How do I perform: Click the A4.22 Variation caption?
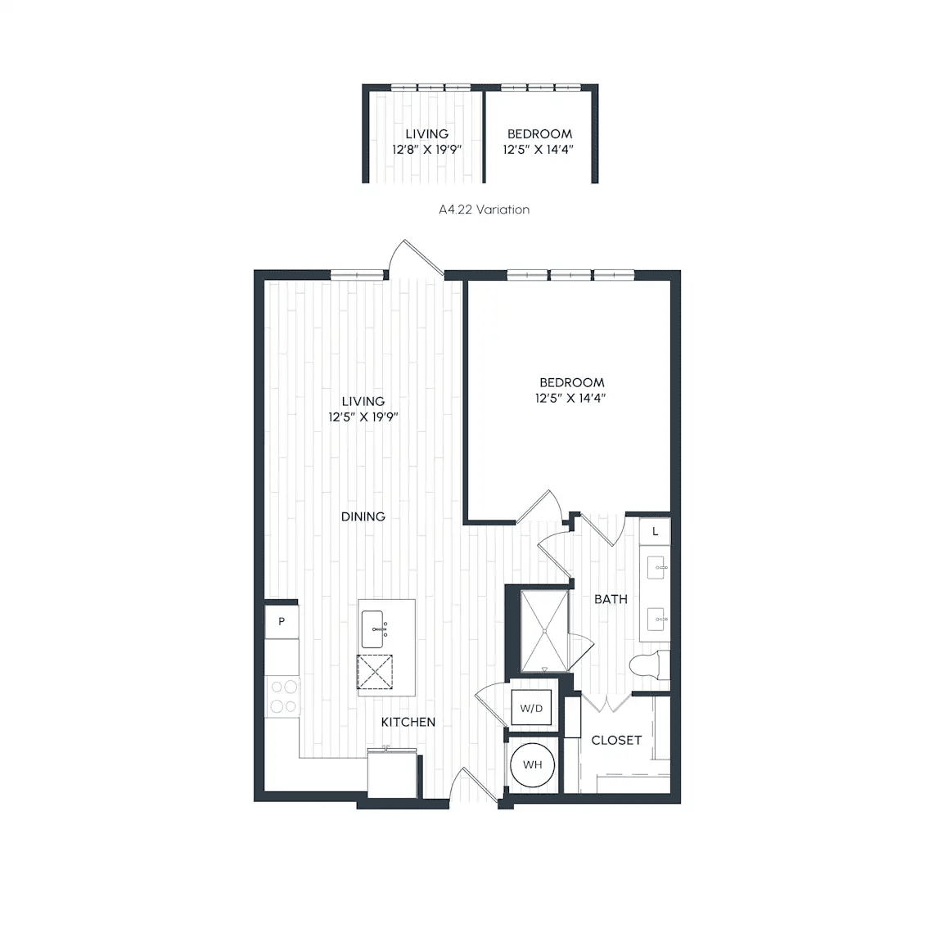tap(484, 210)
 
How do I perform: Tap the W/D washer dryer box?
tap(531, 708)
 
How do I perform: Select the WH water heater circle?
tap(533, 764)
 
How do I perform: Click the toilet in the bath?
tap(649, 665)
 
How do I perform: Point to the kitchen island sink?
tap(373, 629)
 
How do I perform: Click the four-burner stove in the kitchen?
tap(283, 696)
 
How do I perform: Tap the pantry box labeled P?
tap(282, 622)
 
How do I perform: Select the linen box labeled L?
tap(655, 531)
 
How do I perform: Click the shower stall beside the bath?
tap(544, 630)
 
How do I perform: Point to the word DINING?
tap(363, 516)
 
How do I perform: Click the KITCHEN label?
tap(408, 722)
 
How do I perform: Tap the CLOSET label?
tap(616, 740)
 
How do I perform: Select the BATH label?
tap(611, 599)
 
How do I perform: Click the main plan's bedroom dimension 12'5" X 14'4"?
tap(570, 398)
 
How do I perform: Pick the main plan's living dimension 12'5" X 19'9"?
tap(363, 417)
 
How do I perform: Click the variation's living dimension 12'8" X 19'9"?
tap(426, 149)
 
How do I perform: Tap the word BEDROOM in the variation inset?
tap(539, 134)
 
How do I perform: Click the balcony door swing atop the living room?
tap(416, 259)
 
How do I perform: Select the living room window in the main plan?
tap(358, 275)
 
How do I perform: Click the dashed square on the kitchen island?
tap(375, 672)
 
